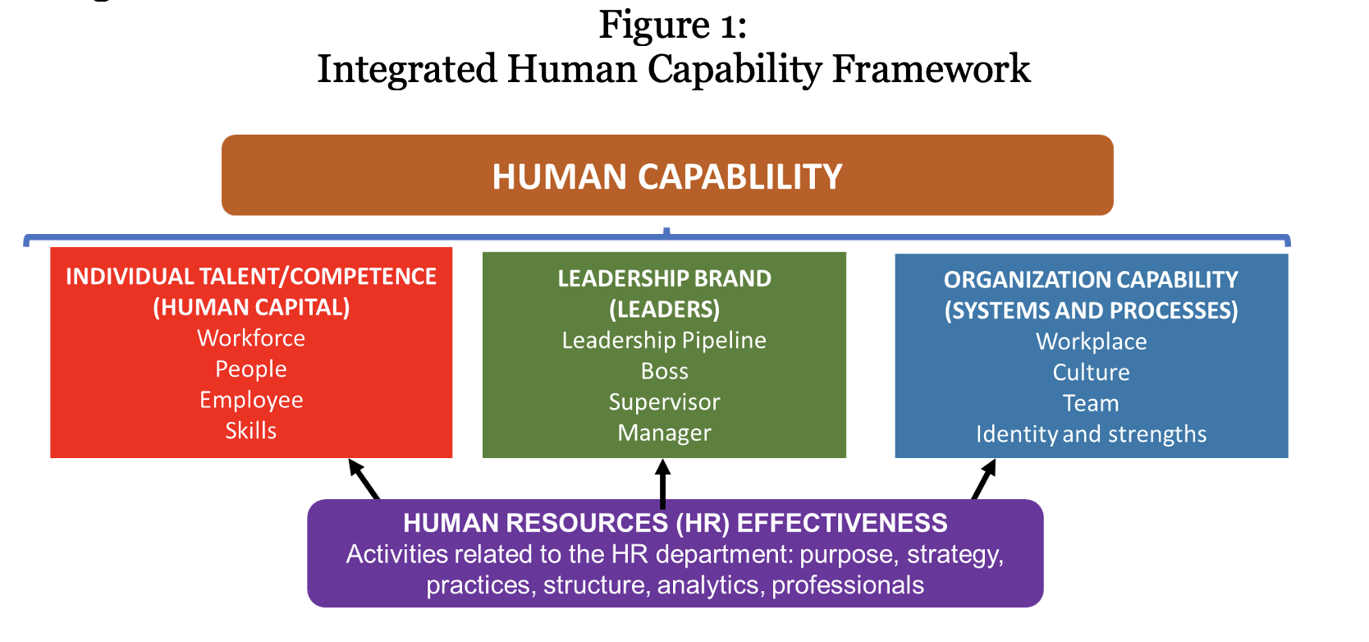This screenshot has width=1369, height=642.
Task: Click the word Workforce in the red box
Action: pos(250,338)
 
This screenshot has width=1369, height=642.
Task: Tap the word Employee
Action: pos(250,401)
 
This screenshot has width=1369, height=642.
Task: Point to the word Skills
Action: pos(250,430)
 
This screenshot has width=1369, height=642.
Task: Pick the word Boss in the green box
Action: pos(664,372)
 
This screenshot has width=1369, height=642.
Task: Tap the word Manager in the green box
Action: pos(664,433)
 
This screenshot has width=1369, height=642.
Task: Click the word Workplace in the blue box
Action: pos(1091,342)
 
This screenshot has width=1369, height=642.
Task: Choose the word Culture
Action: pos(1091,373)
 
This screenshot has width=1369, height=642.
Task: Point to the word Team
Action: pos(1091,404)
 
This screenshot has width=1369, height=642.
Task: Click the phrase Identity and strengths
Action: pos(1091,435)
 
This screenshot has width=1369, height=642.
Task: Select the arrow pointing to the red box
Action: pos(364,479)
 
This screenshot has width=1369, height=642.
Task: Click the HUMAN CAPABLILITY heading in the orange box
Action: pos(667,177)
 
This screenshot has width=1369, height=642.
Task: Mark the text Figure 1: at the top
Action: pos(673,25)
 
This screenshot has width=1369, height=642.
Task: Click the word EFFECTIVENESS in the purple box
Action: pos(842,524)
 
